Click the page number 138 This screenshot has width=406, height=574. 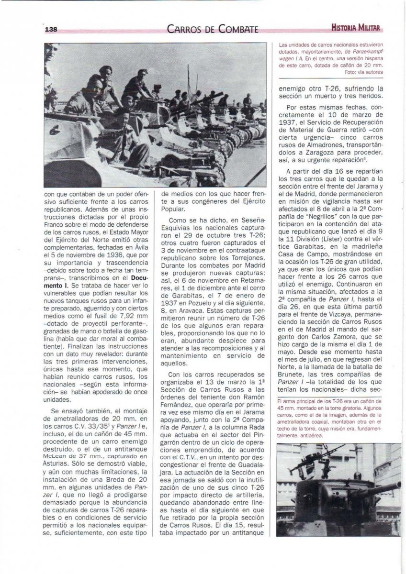coord(51,29)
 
